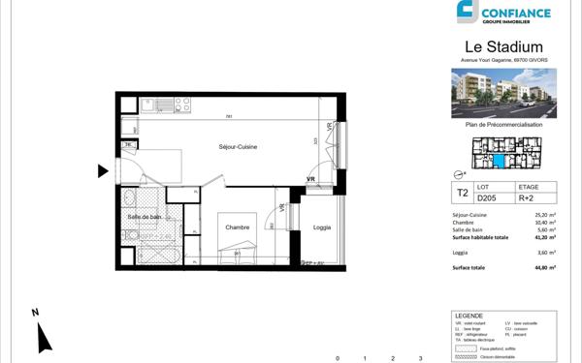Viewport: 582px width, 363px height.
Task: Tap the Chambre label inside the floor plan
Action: coord(239,227)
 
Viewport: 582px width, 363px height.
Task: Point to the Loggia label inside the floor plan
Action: coord(322,227)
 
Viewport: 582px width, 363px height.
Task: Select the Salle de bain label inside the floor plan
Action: coord(145,217)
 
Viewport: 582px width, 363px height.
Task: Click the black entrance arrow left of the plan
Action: coord(103,172)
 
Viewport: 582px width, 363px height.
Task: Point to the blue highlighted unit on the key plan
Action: coord(500,161)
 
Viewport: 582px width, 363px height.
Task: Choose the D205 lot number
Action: coord(486,198)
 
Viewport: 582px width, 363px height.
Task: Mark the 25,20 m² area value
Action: coord(546,214)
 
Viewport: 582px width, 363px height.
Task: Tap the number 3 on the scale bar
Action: coord(420,357)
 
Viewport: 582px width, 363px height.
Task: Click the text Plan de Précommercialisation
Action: coord(504,125)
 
